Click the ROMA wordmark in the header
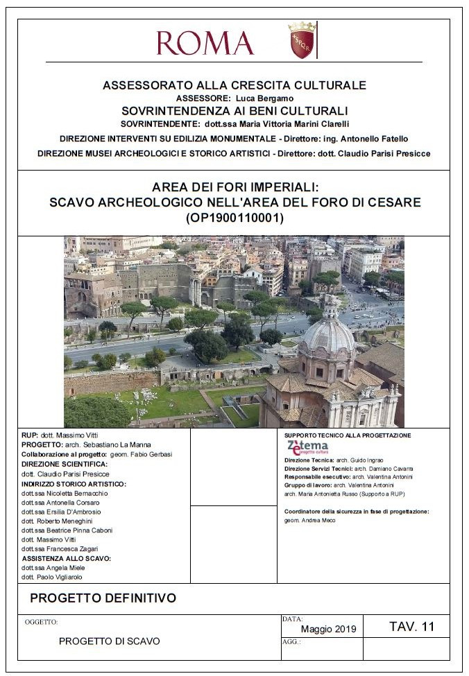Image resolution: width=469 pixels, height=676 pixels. coord(205,42)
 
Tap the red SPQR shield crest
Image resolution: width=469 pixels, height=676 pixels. coord(302,40)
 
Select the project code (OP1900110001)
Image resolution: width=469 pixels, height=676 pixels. coord(235,218)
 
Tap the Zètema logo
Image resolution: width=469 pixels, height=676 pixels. coord(307,447)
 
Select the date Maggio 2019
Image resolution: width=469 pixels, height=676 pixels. coord(328,629)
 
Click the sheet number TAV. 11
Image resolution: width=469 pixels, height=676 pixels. coord(411,627)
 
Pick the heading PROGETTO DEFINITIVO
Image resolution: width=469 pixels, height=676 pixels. coord(103,598)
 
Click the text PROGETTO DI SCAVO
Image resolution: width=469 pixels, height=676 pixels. coord(109,641)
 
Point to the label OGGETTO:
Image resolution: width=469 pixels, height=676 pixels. coord(41,623)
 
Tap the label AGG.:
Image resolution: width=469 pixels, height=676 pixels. coord(291,642)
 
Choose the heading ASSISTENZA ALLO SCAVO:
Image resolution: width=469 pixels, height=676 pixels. coord(67,558)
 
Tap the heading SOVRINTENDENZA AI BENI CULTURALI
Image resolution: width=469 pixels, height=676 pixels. coord(235,110)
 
